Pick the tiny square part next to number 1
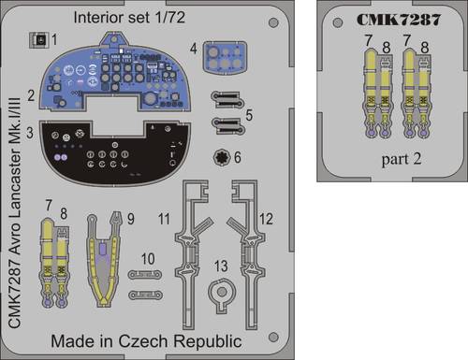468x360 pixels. (37, 40)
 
